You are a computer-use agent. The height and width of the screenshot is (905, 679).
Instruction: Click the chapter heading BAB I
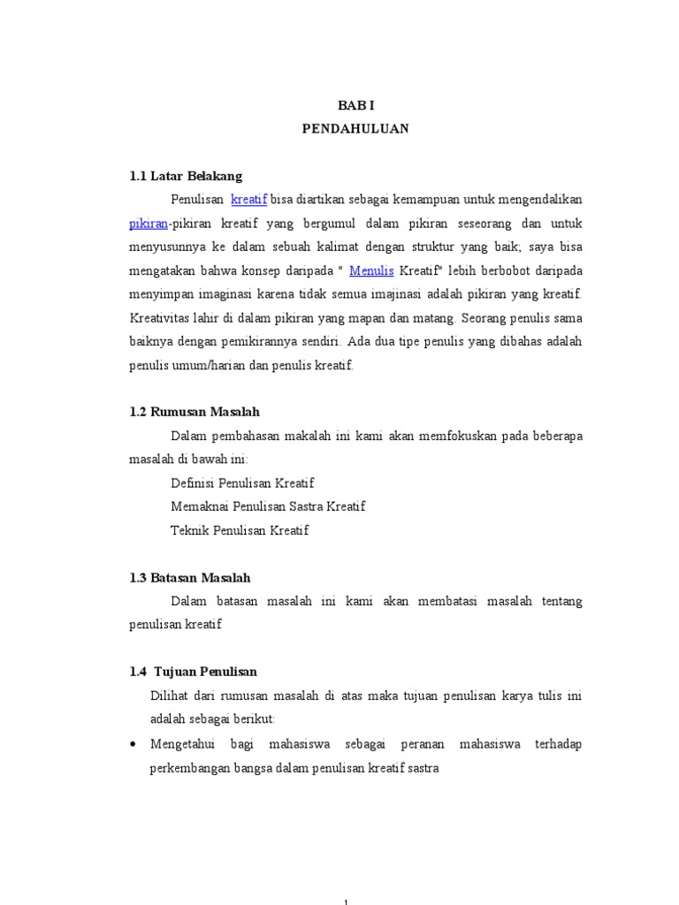pos(355,104)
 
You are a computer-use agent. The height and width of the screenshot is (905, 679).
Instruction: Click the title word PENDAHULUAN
pos(355,128)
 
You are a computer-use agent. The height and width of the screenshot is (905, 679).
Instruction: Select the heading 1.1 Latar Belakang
pos(186,176)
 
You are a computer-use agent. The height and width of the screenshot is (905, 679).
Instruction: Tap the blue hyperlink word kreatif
pos(248,200)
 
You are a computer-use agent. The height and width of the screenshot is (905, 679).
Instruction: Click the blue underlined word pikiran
pos(148,224)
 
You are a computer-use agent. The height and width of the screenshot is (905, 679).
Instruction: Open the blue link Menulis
pos(370,270)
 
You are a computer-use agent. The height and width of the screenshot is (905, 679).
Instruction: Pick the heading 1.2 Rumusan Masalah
pos(195,412)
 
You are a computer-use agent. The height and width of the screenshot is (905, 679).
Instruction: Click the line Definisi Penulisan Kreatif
pos(242,483)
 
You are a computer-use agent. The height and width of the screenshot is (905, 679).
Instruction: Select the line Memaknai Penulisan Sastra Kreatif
pos(267,507)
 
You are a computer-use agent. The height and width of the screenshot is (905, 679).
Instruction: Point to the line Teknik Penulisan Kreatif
pos(240,531)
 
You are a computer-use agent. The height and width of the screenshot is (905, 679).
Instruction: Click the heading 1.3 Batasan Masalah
pos(190,577)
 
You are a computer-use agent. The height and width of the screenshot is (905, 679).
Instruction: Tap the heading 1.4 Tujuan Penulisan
pos(193,672)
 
